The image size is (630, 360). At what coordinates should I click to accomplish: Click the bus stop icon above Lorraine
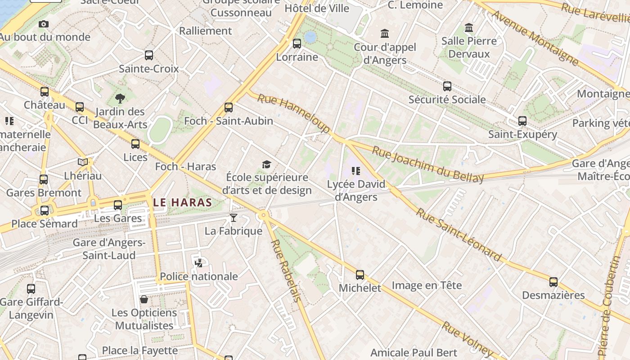(x=297, y=44)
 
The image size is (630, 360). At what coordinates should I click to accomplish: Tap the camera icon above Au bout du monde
(x=44, y=24)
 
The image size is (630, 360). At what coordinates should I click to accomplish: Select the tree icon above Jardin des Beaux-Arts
(x=120, y=98)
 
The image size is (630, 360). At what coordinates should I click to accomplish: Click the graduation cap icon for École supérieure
(x=267, y=164)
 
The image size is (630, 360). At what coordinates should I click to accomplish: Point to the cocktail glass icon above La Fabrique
(x=233, y=218)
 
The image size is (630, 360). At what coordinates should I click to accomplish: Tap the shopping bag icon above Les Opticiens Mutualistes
(x=144, y=299)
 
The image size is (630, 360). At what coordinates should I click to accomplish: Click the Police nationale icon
(x=198, y=263)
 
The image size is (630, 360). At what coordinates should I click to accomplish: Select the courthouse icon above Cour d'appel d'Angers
(x=385, y=34)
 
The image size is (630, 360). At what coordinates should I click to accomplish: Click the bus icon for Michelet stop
(x=360, y=275)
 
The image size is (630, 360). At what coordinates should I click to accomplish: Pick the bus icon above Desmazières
(x=553, y=282)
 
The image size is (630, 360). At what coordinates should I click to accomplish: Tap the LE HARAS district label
(x=182, y=202)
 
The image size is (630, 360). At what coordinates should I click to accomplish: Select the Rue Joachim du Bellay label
(x=428, y=165)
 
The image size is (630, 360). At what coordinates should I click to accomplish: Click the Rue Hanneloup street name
(x=293, y=113)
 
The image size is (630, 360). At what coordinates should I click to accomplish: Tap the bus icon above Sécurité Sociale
(x=447, y=86)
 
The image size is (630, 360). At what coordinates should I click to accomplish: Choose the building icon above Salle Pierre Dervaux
(x=469, y=28)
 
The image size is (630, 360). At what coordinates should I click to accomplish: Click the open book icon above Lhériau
(x=83, y=162)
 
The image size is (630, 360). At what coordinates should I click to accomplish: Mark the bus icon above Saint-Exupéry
(x=522, y=121)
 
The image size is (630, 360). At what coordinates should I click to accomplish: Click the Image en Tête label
(x=427, y=285)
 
